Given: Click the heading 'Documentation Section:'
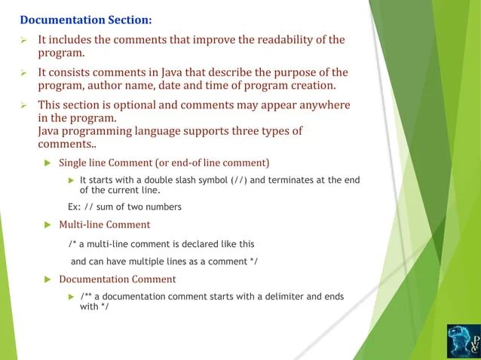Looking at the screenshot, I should pyautogui.click(x=85, y=20).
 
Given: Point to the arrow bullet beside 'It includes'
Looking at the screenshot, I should pyautogui.click(x=23, y=40).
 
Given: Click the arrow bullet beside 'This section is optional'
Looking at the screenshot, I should pyautogui.click(x=23, y=105).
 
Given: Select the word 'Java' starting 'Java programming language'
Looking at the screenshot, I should pyautogui.click(x=50, y=131).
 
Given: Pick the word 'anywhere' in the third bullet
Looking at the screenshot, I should pyautogui.click(x=326, y=105).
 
